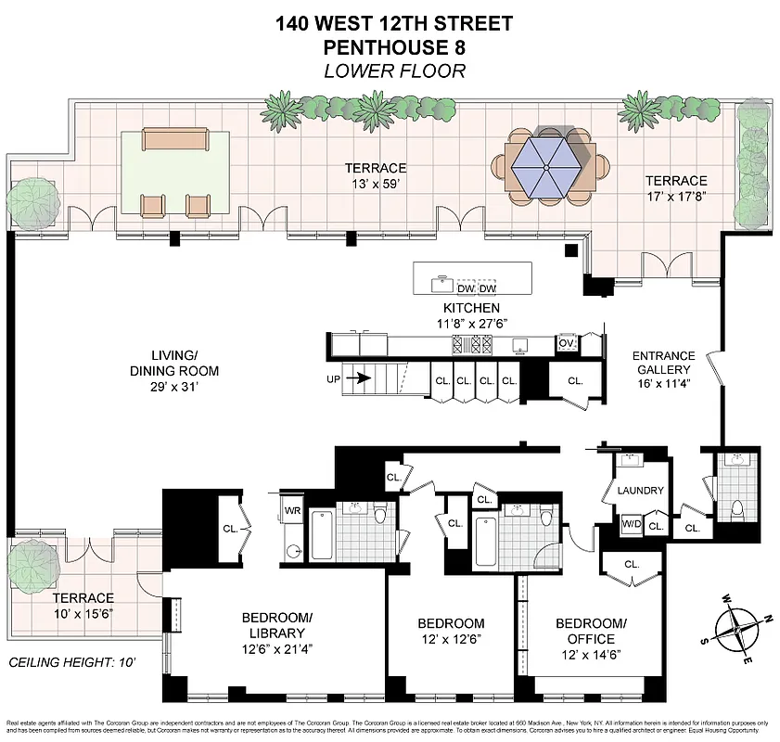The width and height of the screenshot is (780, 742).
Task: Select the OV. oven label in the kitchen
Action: pos(567,343)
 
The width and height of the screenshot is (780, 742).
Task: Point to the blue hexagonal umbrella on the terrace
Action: pos(547,165)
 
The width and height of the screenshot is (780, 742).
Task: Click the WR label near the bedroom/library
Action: pos(292,511)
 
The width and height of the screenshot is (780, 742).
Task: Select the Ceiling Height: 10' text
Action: pos(70,663)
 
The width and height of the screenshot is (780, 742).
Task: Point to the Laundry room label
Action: pos(639,491)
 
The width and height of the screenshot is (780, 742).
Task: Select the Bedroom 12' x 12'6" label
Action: pos(451,632)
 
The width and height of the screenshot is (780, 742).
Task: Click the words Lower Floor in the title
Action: pos(393,71)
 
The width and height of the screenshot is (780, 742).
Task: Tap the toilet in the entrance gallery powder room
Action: pos(737,507)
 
